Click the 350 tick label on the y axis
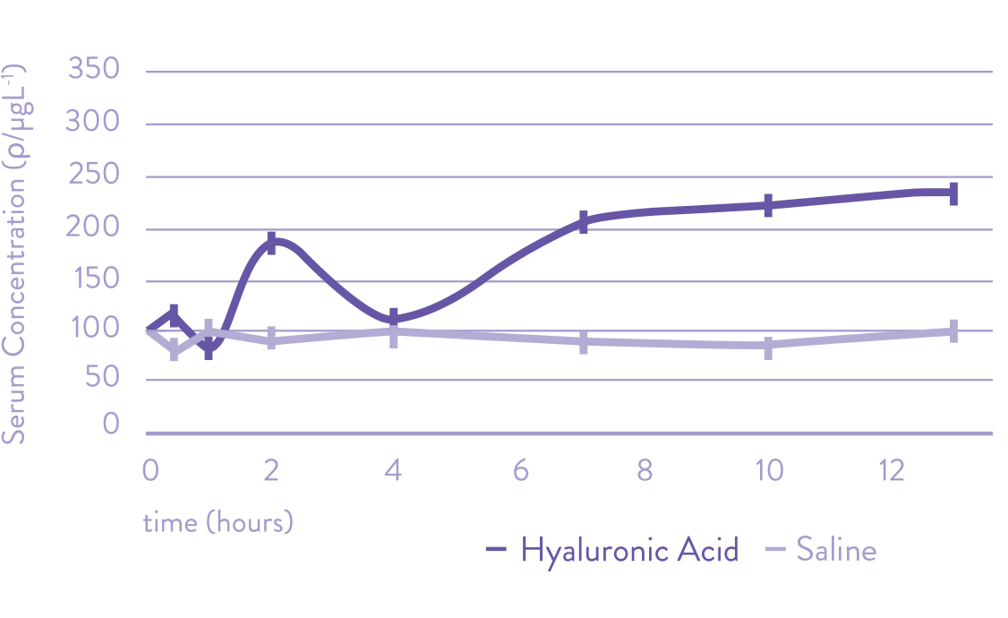(x=94, y=69)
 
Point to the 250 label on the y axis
(x=94, y=175)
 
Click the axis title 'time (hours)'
(x=218, y=522)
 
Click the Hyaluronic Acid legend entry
(x=614, y=549)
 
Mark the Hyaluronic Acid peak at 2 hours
(x=272, y=243)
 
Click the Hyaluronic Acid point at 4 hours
(x=394, y=318)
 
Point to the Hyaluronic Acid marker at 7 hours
(x=583, y=222)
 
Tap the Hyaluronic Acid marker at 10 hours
(x=768, y=205)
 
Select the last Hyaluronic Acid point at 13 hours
(x=953, y=193)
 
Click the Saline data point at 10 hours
(x=768, y=348)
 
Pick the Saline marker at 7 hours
(x=583, y=342)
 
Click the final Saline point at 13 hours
(x=953, y=331)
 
